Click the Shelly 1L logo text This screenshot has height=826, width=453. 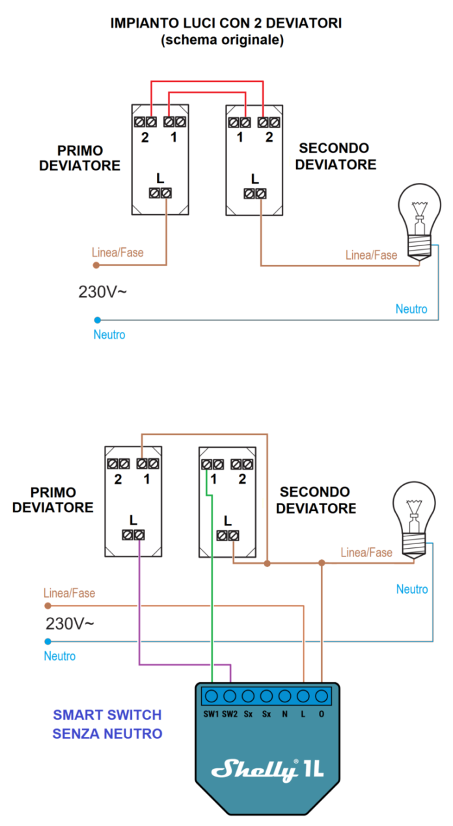[267, 770]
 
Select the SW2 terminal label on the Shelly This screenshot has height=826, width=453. [230, 714]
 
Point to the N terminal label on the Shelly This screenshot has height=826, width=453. [284, 714]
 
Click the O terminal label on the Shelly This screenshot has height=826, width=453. [321, 714]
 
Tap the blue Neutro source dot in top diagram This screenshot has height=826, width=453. [97, 320]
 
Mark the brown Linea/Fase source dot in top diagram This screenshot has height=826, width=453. [96, 265]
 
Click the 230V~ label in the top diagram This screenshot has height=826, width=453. [102, 292]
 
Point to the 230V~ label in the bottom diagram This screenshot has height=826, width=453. [70, 624]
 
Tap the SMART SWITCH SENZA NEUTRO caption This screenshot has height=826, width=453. [107, 724]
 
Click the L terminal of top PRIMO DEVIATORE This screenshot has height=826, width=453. [160, 193]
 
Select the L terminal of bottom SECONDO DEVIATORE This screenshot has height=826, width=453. [227, 536]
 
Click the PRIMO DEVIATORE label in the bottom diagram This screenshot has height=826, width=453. [53, 500]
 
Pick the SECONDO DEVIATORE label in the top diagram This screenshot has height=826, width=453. [335, 157]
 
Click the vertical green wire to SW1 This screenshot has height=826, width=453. [212, 586]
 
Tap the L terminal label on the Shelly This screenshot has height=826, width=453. [303, 714]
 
